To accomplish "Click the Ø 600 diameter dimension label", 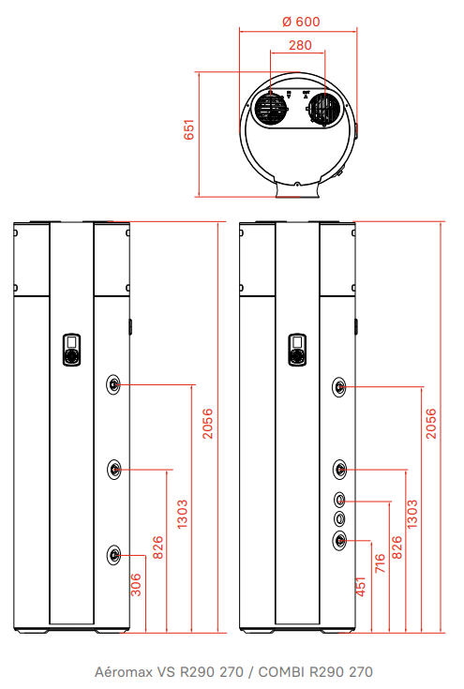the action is coord(301,21).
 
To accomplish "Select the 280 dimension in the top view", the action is coord(300,45).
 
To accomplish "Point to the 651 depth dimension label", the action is coord(189,129).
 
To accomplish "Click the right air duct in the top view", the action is coord(324,109).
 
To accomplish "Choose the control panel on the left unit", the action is coord(71,350).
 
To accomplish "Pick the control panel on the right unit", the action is coord(297,350).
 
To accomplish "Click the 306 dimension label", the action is coord(136,584).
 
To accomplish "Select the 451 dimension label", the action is coord(360,587).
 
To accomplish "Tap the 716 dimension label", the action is coord(380,562).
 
